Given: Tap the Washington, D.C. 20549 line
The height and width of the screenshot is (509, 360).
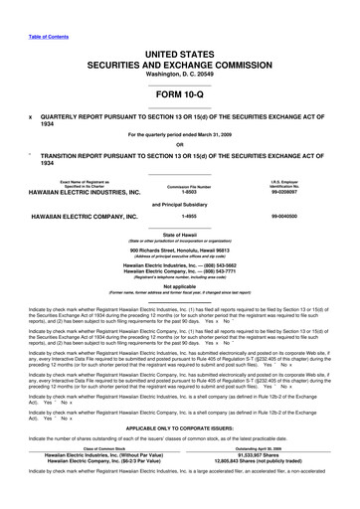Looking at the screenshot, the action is (x=180, y=73).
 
